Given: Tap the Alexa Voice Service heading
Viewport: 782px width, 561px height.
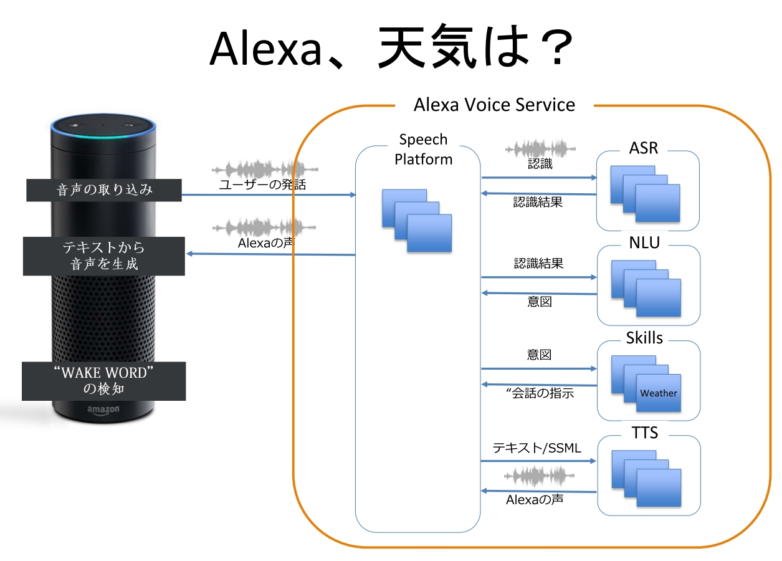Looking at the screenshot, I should pos(494,104).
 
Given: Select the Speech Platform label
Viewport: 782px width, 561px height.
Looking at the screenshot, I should pos(423,150).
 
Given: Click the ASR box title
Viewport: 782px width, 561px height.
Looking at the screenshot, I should pos(644,148).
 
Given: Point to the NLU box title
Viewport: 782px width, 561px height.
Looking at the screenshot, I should pos(644,243).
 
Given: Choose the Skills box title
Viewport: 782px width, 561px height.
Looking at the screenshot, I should pos(644,338).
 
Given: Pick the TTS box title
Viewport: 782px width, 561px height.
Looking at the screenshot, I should pos(644,432).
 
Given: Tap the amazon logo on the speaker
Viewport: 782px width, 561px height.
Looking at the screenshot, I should pos(103,410).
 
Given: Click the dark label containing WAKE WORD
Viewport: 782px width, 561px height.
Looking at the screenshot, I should pos(103,381).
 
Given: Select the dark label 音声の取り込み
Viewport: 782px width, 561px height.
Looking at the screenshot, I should pos(103,189).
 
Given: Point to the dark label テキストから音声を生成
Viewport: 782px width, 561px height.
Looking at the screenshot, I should pos(103,256).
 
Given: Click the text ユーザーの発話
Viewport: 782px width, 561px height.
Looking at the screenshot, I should pos(262,185).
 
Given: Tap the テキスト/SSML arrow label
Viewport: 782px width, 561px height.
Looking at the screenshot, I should pos(536,448).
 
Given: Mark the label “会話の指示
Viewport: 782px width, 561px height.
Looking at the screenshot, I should pos(540,393).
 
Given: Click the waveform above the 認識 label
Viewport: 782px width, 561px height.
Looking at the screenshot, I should pos(540,150).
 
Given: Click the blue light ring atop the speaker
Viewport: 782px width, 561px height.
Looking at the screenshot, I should pos(103,132).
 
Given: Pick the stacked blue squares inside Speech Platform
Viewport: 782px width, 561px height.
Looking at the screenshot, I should pos(416,220).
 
